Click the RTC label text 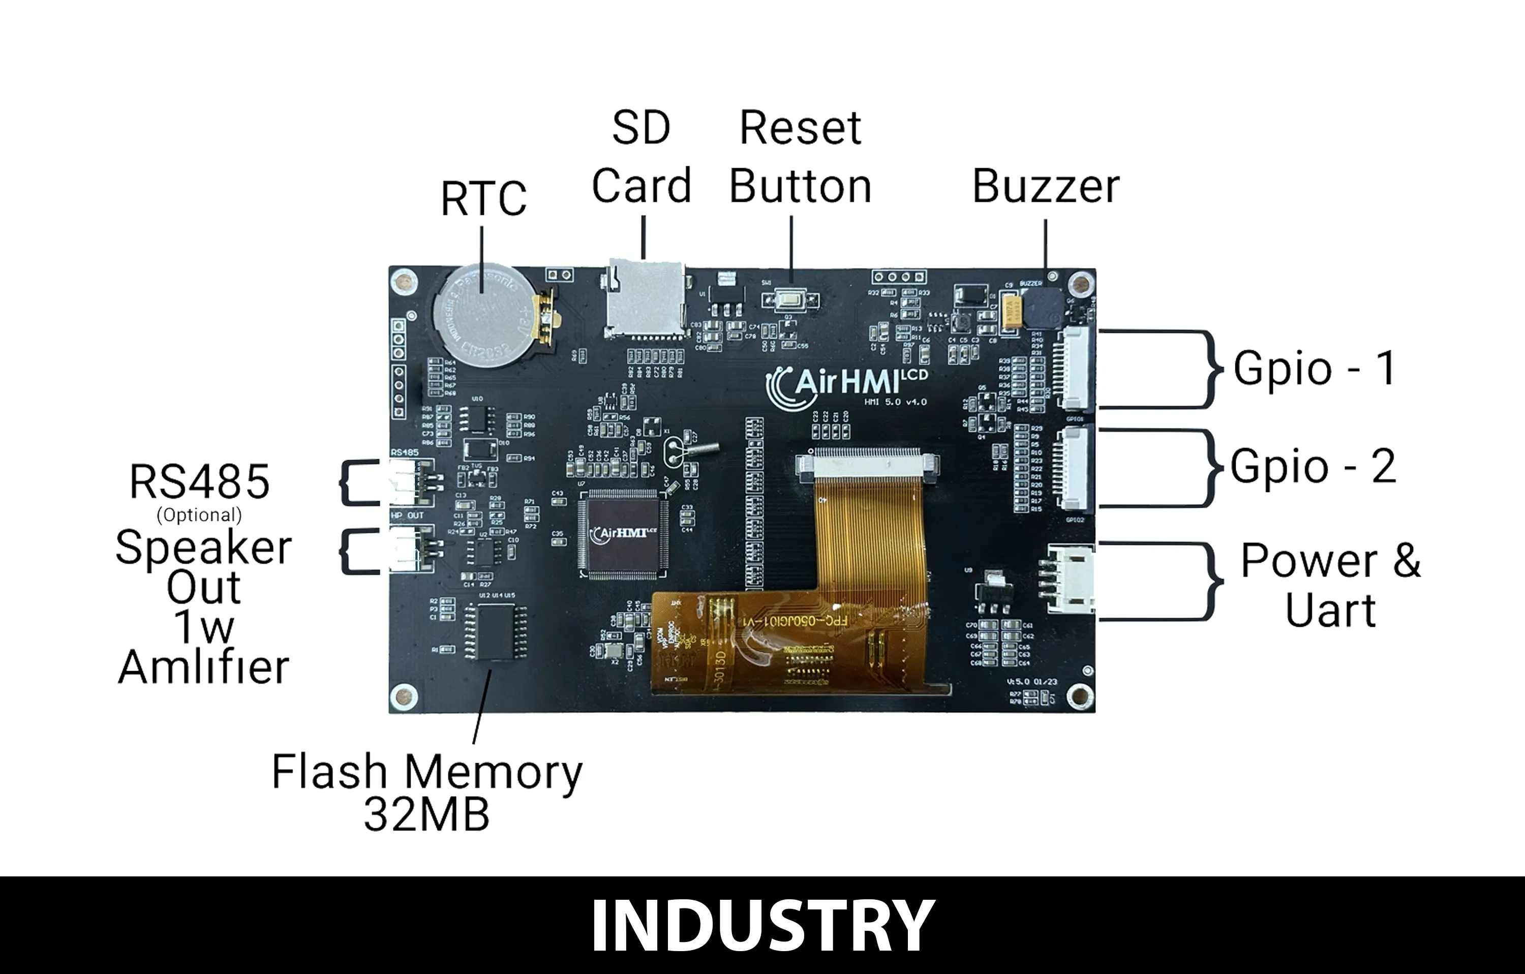483,199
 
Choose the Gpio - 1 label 1314,368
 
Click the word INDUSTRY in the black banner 762,925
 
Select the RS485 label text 199,482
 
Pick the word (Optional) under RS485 199,515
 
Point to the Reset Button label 801,157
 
